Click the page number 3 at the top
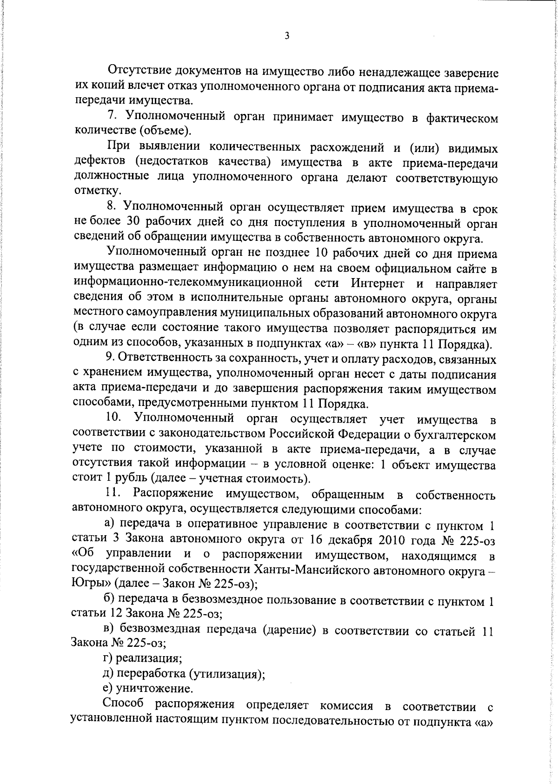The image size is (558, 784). point(287,35)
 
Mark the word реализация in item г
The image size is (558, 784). point(148,658)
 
